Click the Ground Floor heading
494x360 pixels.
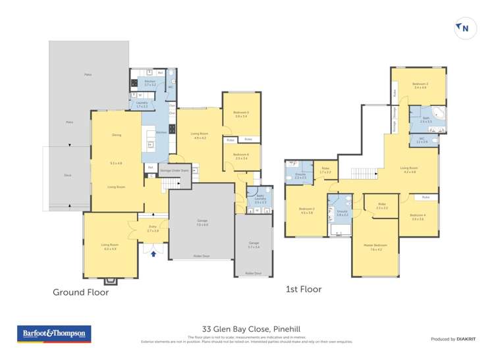[x=80, y=292]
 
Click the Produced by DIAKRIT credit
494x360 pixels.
[x=453, y=339]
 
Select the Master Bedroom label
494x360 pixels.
[x=375, y=246]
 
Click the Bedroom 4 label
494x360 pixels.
[x=417, y=217]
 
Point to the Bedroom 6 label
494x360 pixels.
[x=240, y=156]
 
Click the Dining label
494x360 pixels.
[x=117, y=136]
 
